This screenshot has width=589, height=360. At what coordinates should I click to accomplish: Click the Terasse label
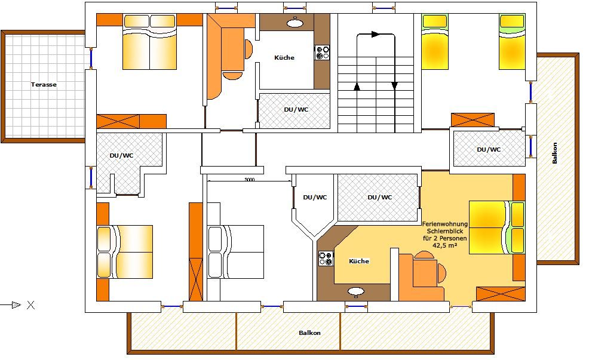coord(44,84)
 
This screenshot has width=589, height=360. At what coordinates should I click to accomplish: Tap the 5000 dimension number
coord(250,180)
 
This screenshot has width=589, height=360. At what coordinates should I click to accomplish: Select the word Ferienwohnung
coord(445,224)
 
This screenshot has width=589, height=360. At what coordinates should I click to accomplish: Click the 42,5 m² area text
coord(445,245)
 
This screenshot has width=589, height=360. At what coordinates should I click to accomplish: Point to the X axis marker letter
coord(31,305)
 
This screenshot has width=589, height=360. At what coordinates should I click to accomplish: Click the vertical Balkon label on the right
coord(554,153)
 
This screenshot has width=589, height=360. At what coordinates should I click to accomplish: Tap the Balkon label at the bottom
coord(309,333)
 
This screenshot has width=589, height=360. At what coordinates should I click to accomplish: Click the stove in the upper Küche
coord(322,53)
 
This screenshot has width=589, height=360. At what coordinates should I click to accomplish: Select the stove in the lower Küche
coord(326,259)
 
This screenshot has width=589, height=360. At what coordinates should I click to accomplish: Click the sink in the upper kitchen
coord(295,23)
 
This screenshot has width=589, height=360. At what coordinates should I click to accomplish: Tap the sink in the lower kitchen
coord(355,291)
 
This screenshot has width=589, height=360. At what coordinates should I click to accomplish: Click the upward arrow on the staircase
coord(357,87)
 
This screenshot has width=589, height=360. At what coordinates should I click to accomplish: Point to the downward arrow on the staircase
coord(394,86)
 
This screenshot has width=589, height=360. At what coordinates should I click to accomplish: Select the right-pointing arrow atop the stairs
coord(375,34)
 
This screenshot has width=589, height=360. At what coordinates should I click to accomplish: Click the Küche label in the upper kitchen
coord(284,57)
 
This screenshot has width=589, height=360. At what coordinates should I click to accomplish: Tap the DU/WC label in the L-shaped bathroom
coord(121,155)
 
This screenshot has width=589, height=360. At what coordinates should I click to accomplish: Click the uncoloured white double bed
coord(235,252)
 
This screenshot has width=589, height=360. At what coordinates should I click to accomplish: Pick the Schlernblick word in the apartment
coord(445,231)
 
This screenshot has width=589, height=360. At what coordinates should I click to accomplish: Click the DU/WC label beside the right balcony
coord(489,149)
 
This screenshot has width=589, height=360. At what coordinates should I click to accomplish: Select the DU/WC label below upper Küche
coord(296,110)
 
